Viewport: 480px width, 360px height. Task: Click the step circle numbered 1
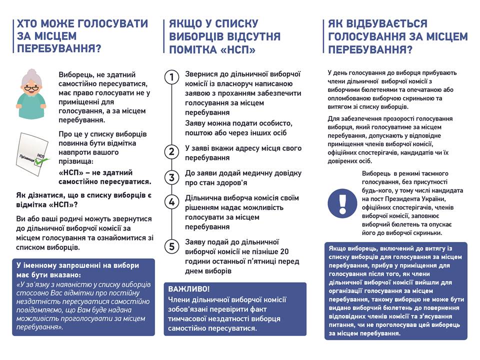click(172, 77)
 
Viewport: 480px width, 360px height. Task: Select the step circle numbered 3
click(172, 177)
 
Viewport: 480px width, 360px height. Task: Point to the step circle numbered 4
click(172, 202)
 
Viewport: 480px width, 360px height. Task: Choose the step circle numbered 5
click(172, 246)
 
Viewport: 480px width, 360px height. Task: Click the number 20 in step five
click(284, 251)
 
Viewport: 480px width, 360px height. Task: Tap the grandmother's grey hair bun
click(28, 73)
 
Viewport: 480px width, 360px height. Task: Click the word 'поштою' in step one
click(198, 132)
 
